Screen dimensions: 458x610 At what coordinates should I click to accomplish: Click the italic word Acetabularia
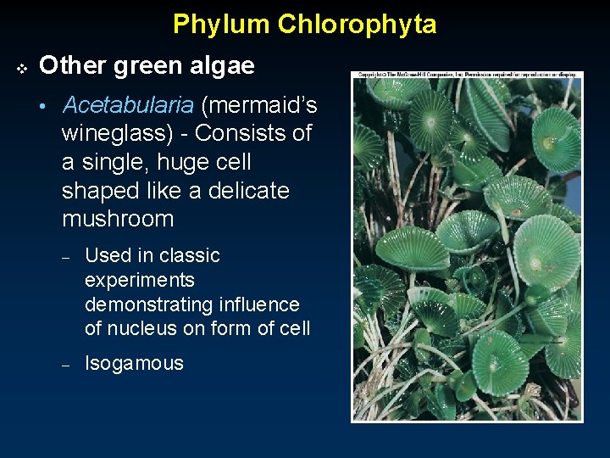128,105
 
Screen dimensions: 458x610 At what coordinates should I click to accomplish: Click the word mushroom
118,219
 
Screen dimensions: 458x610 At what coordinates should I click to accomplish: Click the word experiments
140,280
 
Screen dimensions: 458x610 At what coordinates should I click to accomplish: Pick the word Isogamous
134,364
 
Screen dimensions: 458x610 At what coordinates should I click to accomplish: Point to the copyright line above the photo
467,75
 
